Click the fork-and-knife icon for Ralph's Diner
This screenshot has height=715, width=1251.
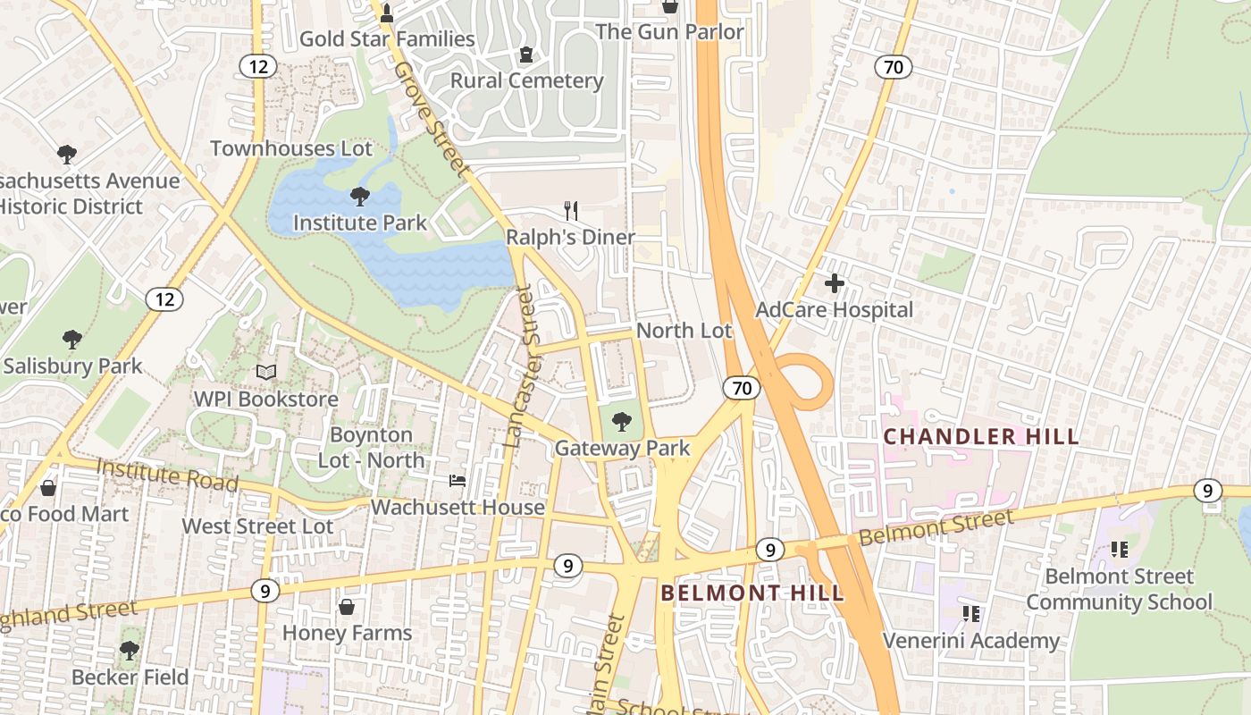(571, 211)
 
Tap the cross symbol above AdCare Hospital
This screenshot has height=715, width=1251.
(835, 284)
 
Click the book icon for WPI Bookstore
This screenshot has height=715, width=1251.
(266, 373)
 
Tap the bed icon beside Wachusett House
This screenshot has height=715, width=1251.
(458, 481)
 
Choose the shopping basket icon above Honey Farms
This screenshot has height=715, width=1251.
(347, 608)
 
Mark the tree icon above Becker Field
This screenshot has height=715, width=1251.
(130, 650)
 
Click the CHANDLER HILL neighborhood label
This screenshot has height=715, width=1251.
(981, 437)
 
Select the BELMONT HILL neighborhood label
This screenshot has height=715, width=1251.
(751, 593)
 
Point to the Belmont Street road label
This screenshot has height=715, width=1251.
(936, 526)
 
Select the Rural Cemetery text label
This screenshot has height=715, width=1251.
(526, 80)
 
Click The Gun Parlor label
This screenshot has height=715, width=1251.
(669, 32)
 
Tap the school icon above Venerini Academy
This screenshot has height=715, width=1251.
(971, 614)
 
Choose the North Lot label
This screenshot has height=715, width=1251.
(684, 331)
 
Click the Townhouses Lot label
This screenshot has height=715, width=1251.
(290, 148)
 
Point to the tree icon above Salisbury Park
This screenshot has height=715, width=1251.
(72, 340)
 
